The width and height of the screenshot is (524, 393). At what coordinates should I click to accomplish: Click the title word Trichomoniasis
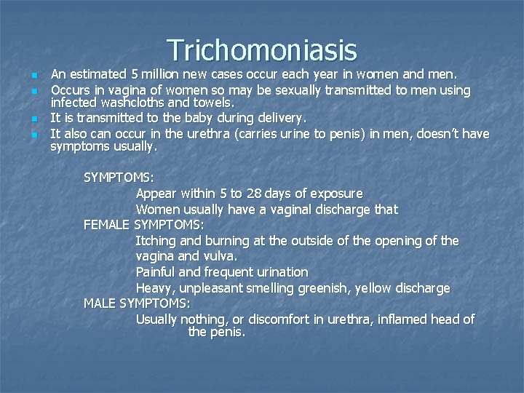pyautogui.click(x=262, y=50)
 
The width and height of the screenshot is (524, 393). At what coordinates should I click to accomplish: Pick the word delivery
pyautogui.click(x=276, y=118)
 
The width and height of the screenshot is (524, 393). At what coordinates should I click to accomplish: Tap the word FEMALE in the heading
pyautogui.click(x=107, y=225)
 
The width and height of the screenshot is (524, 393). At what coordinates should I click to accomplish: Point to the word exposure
pyautogui.click(x=336, y=194)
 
